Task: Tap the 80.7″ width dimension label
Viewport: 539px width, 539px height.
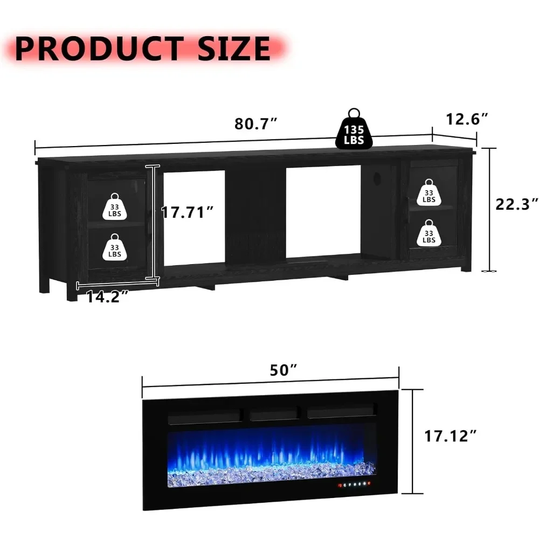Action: point(256,124)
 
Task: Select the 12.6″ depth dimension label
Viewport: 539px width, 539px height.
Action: point(467,119)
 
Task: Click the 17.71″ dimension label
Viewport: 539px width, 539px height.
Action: point(188,212)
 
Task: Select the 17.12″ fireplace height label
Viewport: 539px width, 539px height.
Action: point(451,436)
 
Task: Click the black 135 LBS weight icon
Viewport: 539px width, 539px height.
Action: point(354,130)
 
